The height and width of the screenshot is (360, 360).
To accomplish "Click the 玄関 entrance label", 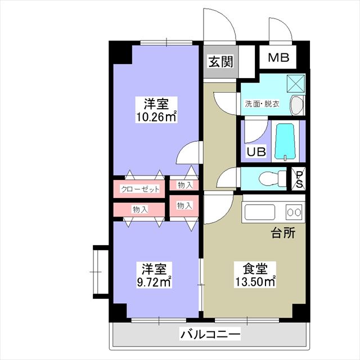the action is point(220,61).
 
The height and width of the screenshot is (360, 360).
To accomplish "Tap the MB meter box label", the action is point(279,57).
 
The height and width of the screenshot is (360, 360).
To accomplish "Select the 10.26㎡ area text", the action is point(156,117).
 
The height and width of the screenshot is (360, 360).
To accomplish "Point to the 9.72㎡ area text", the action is point(154,282).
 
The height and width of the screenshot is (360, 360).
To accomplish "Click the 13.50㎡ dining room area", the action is point(255,281).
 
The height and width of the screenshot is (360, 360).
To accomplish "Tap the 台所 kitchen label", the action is point(283,233).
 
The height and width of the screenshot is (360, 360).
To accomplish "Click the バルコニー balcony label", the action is point(210,334).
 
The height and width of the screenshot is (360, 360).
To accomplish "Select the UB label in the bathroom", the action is point(256,151).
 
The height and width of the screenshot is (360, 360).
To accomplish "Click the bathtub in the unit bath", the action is point(285,142).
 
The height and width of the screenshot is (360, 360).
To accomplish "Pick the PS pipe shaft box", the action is point(299,179).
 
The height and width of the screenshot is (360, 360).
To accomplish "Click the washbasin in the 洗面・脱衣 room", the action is point(297,105).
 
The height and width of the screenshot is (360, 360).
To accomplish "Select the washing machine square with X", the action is point(296,84).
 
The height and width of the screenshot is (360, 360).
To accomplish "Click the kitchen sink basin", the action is point(260,212).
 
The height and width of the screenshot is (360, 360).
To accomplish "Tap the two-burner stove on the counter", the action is point(294,212).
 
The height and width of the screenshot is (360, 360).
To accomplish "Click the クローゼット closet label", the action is point(140,189).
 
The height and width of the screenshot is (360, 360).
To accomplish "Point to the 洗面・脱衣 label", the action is point(262,104).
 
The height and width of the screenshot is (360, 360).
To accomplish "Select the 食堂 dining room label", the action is point(255,268).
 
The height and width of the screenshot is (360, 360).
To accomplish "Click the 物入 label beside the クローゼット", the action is point(185,185).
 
